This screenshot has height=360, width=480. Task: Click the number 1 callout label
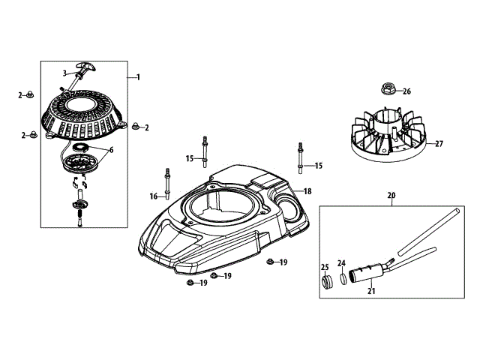coord(139,76)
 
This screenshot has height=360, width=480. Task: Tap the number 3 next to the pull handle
coord(65,73)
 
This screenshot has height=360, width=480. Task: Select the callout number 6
coord(110,149)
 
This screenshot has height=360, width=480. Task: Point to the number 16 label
coord(154,196)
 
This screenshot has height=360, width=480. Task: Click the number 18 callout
coord(307,192)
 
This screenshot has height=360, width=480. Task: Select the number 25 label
coord(325,267)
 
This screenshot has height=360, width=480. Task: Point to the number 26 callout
coord(406,92)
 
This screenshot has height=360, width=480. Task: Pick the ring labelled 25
coord(326,283)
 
